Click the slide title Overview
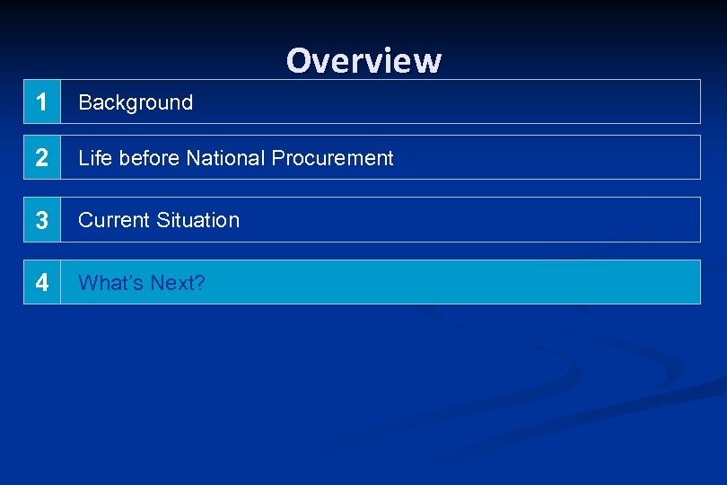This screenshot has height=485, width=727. [x=363, y=60]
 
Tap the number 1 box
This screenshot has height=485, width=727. [x=41, y=101]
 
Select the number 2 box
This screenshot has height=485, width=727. [x=41, y=157]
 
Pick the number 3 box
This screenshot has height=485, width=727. [x=41, y=220]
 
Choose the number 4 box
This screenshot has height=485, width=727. [x=41, y=282]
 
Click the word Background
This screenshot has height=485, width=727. [x=136, y=102]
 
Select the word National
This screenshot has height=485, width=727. [x=226, y=158]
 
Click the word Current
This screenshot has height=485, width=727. [x=114, y=220]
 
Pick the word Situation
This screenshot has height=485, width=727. [x=197, y=220]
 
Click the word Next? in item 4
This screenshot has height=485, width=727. [x=178, y=283]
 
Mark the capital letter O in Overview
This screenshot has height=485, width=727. [x=299, y=61]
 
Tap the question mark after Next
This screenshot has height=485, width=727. [x=200, y=283]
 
